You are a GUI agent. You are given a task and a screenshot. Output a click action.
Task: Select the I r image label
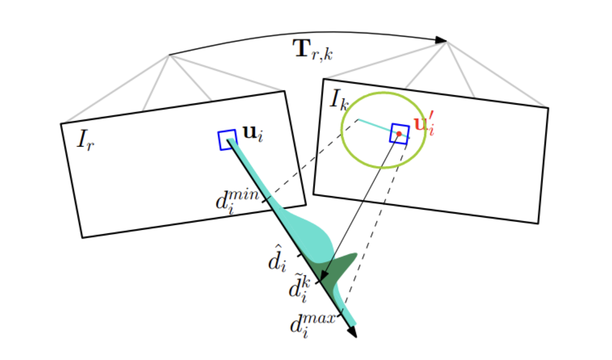pos(86,140)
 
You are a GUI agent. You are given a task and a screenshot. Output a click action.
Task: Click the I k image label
pos(340,101)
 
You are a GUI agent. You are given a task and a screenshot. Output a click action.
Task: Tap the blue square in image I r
pos(227,140)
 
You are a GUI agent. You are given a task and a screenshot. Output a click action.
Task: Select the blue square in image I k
pos(399,133)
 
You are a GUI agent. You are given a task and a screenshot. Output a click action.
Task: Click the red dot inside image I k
pos(399,134)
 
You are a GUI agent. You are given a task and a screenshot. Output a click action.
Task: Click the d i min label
pos(238,202)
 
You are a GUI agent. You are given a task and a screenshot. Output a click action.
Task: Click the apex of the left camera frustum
pos(170,54)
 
